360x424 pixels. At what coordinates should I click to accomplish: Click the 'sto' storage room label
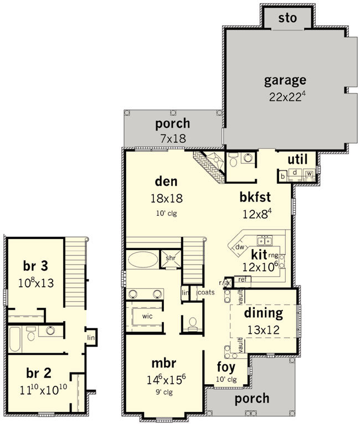[x=287, y=18]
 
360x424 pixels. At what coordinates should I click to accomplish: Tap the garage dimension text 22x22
[x=285, y=97]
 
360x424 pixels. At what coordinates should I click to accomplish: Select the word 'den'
[x=166, y=182]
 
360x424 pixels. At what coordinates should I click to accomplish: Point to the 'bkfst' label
[x=255, y=197]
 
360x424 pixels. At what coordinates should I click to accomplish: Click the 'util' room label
[x=297, y=159]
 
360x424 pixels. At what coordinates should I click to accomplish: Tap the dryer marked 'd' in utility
[x=295, y=173]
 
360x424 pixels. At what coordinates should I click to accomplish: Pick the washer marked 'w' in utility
[x=309, y=173]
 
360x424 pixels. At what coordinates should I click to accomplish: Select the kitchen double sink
[x=265, y=240]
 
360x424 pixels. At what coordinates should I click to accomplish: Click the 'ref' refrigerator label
[x=243, y=280]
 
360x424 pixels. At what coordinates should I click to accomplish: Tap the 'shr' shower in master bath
[x=171, y=258]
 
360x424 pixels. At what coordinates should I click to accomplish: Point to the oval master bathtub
[x=143, y=260]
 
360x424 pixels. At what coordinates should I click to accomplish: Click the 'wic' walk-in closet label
[x=147, y=316]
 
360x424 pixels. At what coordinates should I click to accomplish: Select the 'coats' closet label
[x=207, y=292]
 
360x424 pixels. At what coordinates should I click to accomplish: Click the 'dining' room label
[x=264, y=313]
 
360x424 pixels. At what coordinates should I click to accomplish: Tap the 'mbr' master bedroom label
[x=164, y=363]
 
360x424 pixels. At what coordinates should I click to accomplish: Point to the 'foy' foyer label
[x=226, y=367]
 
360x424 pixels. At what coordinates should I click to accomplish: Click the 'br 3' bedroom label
[x=35, y=266]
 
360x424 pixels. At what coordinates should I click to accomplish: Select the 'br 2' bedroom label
[x=39, y=374]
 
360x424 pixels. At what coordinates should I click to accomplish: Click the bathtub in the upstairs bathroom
[x=15, y=339]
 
